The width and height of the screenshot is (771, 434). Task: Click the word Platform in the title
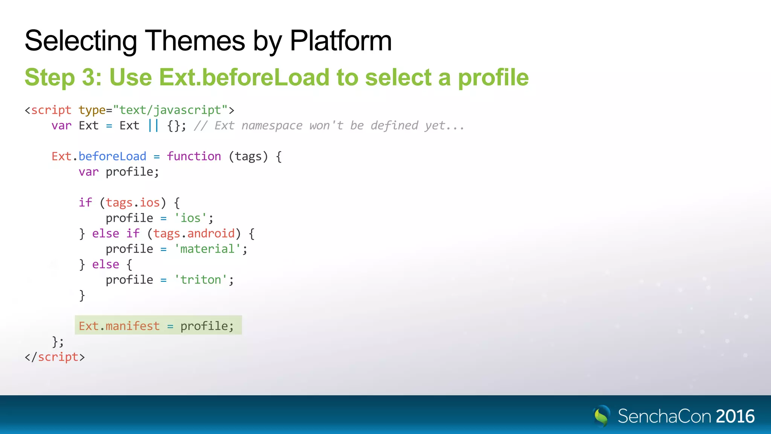click(341, 41)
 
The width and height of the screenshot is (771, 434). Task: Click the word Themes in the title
click(195, 41)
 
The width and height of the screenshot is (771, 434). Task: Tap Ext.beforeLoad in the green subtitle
click(245, 77)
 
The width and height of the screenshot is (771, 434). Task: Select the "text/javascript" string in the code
click(170, 110)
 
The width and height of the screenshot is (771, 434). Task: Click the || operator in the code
click(153, 125)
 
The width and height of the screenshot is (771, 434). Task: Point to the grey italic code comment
click(329, 125)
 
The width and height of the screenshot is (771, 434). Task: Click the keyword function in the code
click(194, 156)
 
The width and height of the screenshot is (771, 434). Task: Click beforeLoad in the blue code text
click(112, 156)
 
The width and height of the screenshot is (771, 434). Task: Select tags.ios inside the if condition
click(133, 203)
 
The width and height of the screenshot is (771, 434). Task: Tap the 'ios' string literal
click(190, 218)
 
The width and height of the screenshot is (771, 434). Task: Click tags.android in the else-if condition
click(194, 234)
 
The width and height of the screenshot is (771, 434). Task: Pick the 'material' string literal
click(207, 249)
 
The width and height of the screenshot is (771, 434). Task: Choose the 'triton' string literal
click(201, 280)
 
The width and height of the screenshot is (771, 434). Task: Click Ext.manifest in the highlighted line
click(119, 326)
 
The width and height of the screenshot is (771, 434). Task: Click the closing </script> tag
click(55, 357)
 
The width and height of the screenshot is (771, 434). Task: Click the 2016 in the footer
click(735, 416)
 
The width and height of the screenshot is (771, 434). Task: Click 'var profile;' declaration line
click(119, 172)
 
